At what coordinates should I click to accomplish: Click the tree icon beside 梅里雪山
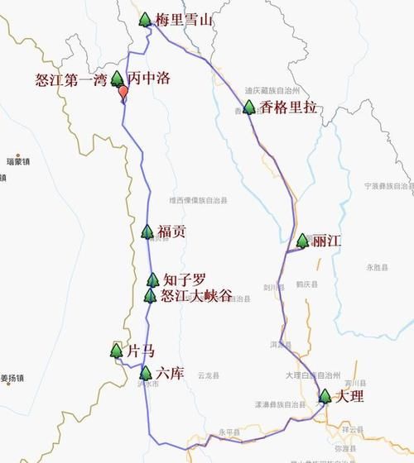tap(146, 19)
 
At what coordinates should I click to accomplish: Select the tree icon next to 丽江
tap(303, 241)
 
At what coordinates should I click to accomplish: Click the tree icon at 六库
tap(146, 373)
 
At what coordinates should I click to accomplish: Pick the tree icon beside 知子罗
tap(152, 280)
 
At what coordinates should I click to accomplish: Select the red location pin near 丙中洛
tap(124, 93)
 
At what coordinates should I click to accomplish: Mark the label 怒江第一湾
tap(70, 79)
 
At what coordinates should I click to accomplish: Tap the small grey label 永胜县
tap(377, 267)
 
